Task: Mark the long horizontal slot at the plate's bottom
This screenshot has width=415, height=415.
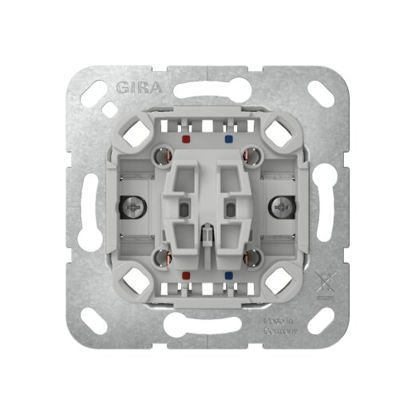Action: [x=207, y=327]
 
